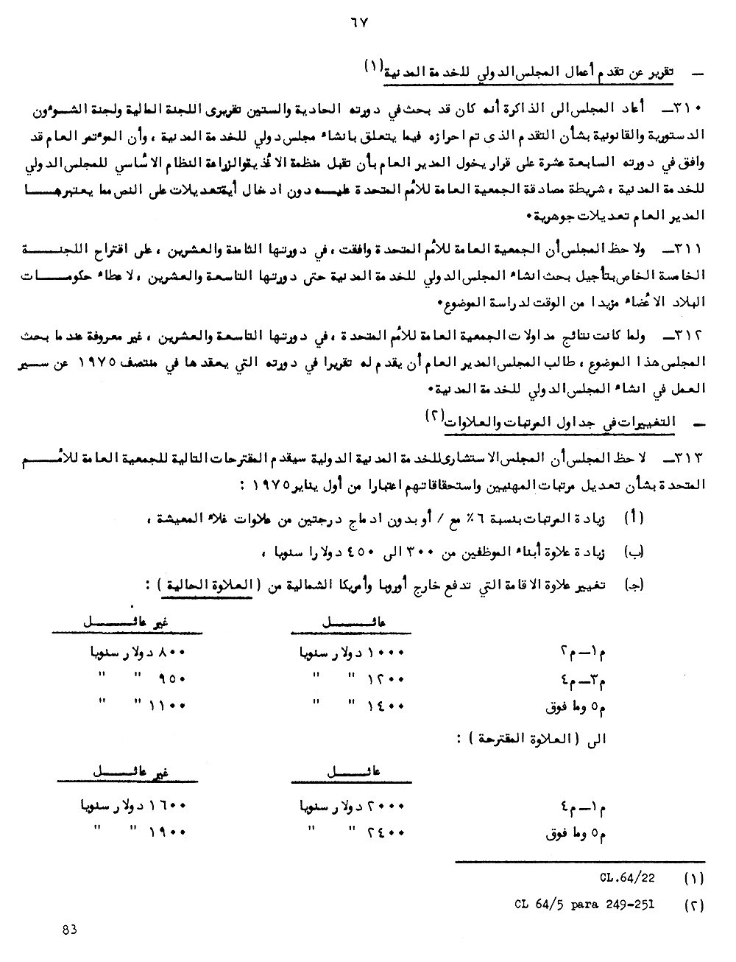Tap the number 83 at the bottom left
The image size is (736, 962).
coord(71,930)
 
